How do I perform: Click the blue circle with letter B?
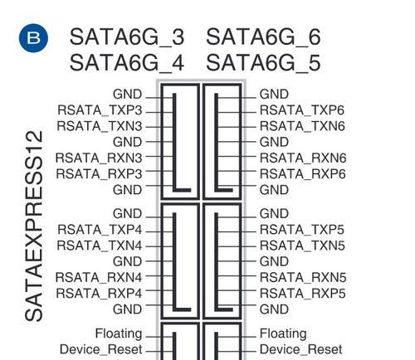(33, 38)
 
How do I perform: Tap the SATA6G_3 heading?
(127, 37)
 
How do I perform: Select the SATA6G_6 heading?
(263, 37)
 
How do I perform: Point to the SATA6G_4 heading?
(127, 63)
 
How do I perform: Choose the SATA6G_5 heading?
(263, 63)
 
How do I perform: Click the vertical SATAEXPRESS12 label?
(34, 226)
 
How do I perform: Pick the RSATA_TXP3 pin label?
(100, 110)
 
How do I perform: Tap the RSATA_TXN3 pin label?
(100, 126)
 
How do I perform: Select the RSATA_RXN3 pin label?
(99, 158)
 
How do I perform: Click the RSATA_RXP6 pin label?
(303, 174)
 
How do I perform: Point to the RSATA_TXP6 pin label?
(302, 110)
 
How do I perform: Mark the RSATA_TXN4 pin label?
(100, 246)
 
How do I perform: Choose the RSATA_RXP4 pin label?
(99, 294)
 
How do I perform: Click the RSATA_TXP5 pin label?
(302, 230)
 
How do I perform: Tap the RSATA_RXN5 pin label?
(303, 278)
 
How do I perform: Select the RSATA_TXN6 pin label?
(302, 126)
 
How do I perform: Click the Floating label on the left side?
(119, 333)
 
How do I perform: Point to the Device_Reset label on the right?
(301, 350)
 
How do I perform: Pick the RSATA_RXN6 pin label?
(303, 158)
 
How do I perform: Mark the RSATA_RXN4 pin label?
(99, 278)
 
